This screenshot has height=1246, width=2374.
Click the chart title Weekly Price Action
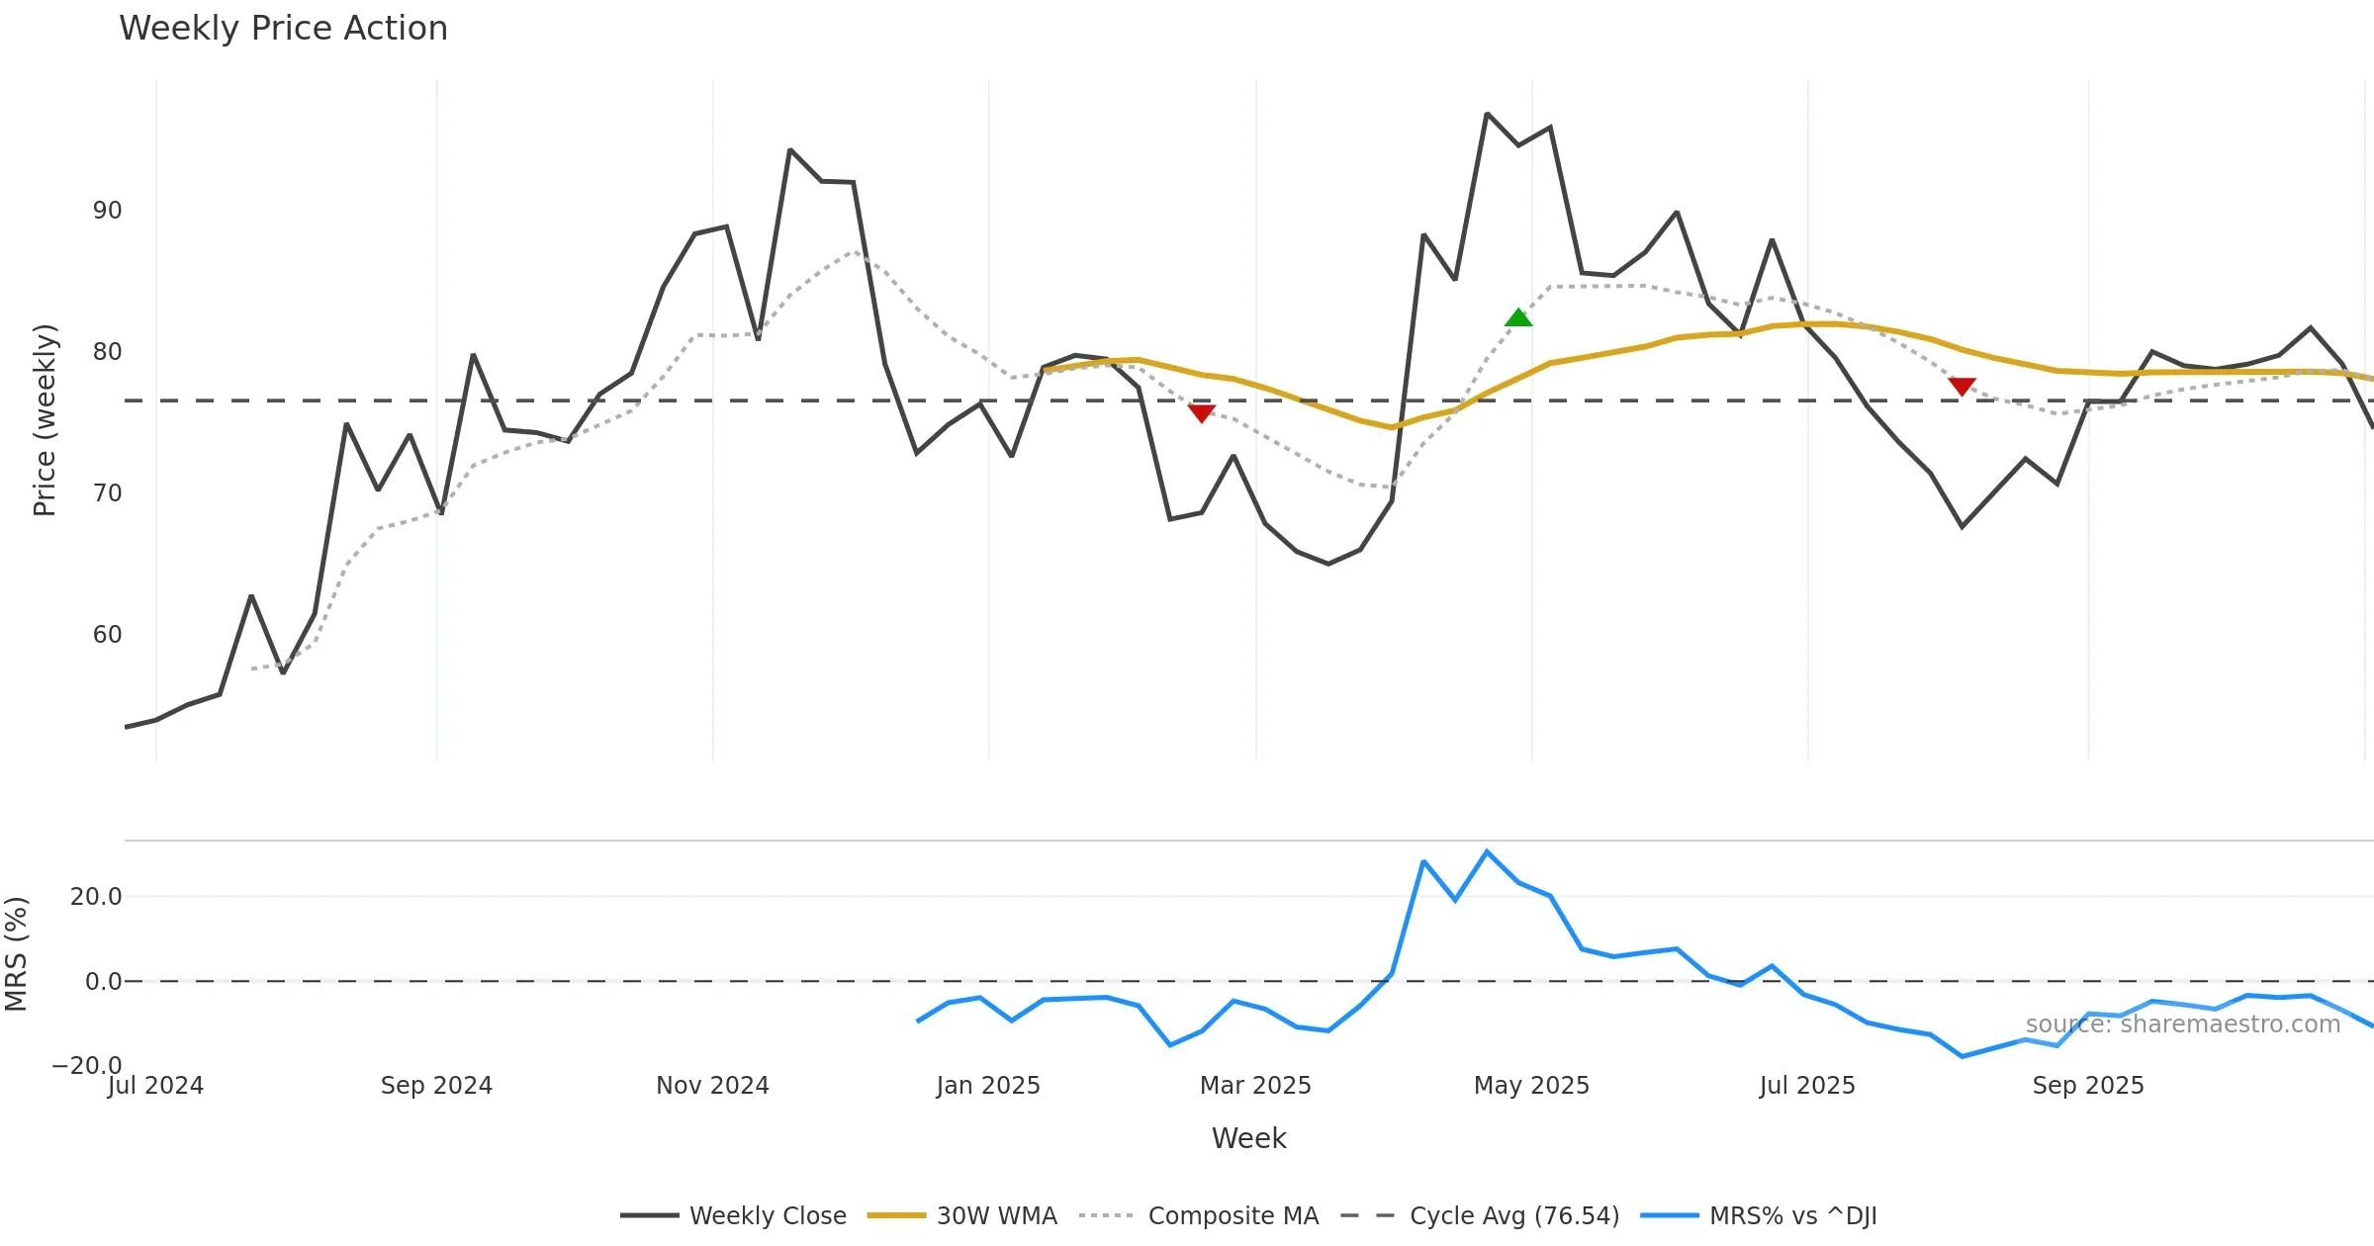click(283, 29)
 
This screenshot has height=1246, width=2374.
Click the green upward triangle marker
click(1517, 317)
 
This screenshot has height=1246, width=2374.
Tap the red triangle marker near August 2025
click(1962, 386)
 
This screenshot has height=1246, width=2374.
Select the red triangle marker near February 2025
click(1201, 412)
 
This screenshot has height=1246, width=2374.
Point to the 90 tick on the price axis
click(107, 211)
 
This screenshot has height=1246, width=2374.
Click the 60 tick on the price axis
click(107, 635)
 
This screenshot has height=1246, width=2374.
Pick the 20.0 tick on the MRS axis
click(96, 897)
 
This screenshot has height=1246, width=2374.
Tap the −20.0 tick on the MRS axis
click(87, 1065)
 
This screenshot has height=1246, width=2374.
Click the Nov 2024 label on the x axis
click(712, 1086)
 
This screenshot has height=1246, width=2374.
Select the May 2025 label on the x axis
click(1531, 1086)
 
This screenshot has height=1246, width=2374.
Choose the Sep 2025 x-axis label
click(2088, 1086)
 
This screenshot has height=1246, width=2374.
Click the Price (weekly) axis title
click(45, 420)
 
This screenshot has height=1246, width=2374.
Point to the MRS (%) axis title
click(16, 954)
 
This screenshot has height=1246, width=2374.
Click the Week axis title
click(1248, 1139)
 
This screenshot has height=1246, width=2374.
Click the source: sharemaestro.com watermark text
click(2182, 1024)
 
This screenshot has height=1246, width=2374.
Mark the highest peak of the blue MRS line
click(1487, 851)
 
